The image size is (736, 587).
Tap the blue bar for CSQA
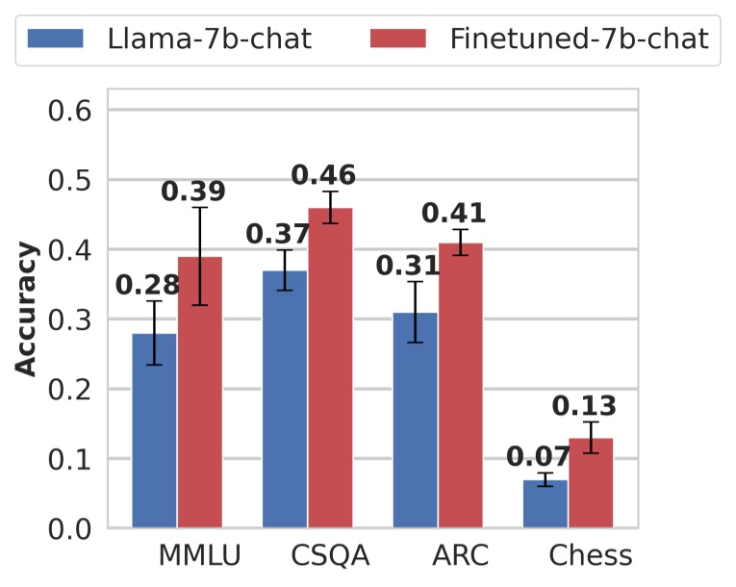(285, 398)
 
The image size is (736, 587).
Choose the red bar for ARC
(460, 385)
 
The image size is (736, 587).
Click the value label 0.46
(323, 176)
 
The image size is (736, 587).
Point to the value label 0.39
(193, 191)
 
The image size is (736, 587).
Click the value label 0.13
(584, 406)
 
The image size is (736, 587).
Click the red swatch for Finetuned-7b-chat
(397, 39)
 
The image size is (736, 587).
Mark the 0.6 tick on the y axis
(69, 111)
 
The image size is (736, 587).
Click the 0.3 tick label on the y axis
(69, 319)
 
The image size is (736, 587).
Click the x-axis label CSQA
(330, 556)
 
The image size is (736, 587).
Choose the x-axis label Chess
(591, 556)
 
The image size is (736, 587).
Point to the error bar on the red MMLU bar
(199, 256)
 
